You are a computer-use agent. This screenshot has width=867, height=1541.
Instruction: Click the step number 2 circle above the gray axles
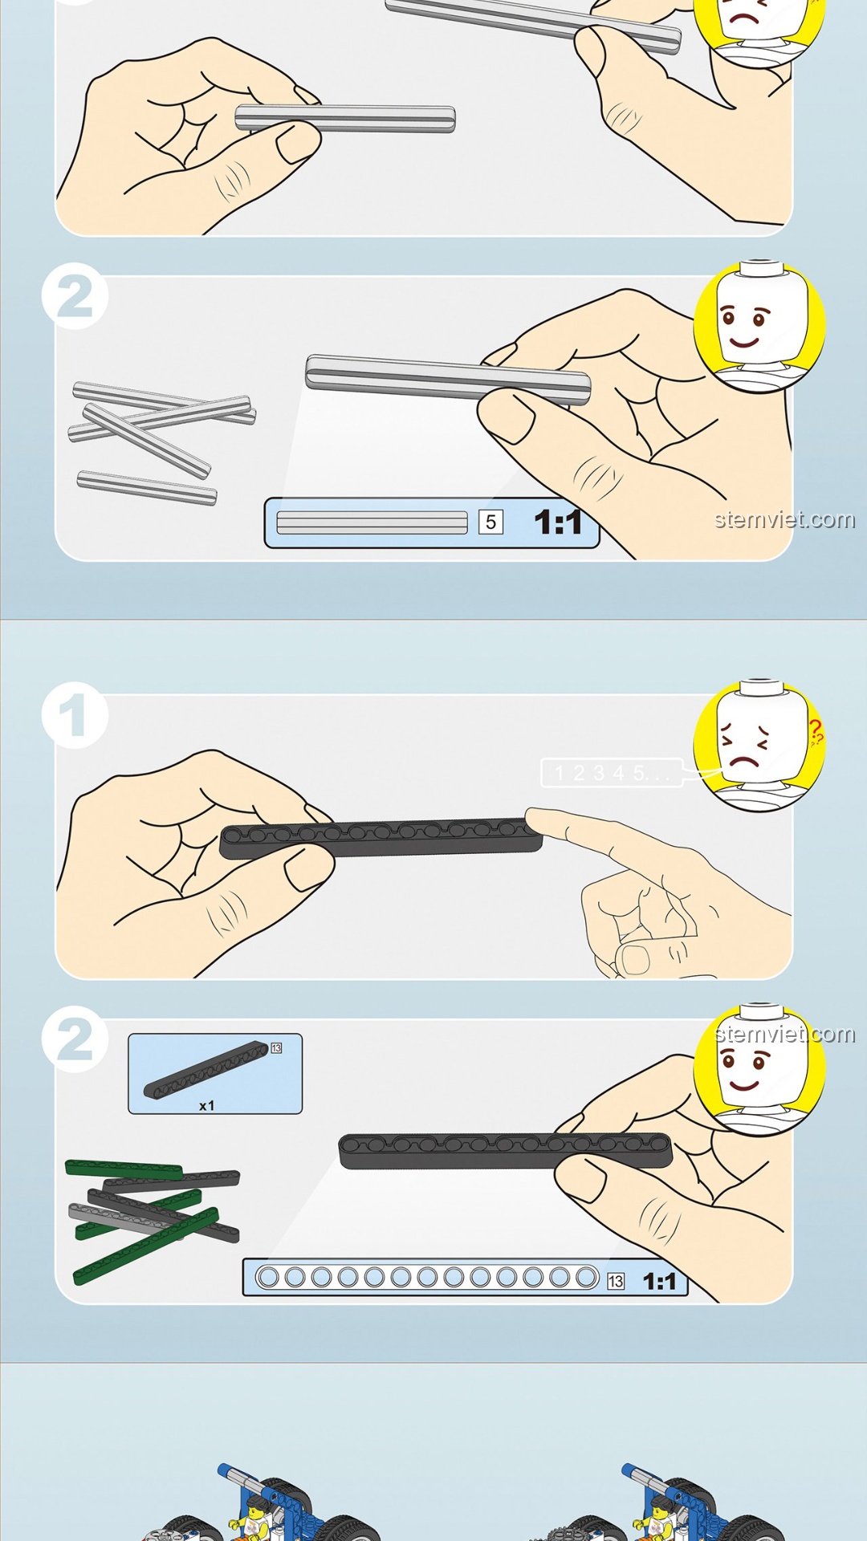[x=75, y=295]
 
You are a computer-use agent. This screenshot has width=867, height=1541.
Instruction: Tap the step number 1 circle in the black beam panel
[x=75, y=715]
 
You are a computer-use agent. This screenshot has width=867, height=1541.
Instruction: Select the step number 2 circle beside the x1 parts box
[x=75, y=1039]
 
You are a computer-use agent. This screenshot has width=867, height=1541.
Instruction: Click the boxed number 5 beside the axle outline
[x=490, y=522]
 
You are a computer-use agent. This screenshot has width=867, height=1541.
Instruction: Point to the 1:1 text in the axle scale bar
[x=558, y=522]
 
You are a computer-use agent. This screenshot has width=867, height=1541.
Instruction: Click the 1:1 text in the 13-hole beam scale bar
[x=659, y=1281]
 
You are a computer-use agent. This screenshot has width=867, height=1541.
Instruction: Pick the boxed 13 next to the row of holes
[x=616, y=1281]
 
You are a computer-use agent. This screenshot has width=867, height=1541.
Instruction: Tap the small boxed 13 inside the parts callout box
[x=276, y=1047]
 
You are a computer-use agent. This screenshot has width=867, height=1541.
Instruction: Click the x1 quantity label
[x=206, y=1105]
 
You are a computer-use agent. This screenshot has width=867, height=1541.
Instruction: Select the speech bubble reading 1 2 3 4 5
[x=612, y=773]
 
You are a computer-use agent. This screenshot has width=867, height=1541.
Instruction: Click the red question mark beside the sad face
[x=816, y=732]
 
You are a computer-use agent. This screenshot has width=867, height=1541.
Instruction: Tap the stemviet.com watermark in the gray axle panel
[x=784, y=519]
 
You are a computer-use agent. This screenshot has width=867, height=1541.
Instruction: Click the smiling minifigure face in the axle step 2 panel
[x=759, y=325]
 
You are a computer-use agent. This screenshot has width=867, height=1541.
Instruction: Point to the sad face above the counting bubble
[x=759, y=745]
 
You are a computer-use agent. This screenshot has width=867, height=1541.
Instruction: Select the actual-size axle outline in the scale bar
[x=372, y=522]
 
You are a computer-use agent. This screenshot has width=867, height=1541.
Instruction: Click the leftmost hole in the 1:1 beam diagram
[x=268, y=1276]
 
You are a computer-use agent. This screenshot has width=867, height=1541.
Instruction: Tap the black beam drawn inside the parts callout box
[x=206, y=1069]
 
